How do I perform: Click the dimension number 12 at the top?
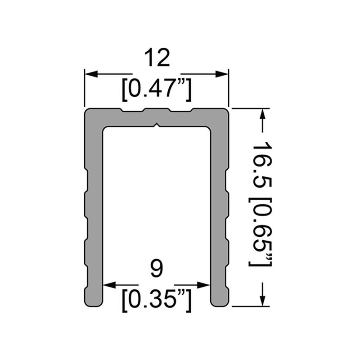click(157, 58)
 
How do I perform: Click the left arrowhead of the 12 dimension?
click(90, 74)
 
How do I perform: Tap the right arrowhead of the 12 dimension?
click(224, 74)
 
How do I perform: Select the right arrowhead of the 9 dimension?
click(206, 285)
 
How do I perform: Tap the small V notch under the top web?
click(157, 125)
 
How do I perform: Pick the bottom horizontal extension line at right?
click(250, 307)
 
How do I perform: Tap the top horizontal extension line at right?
click(250, 108)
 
